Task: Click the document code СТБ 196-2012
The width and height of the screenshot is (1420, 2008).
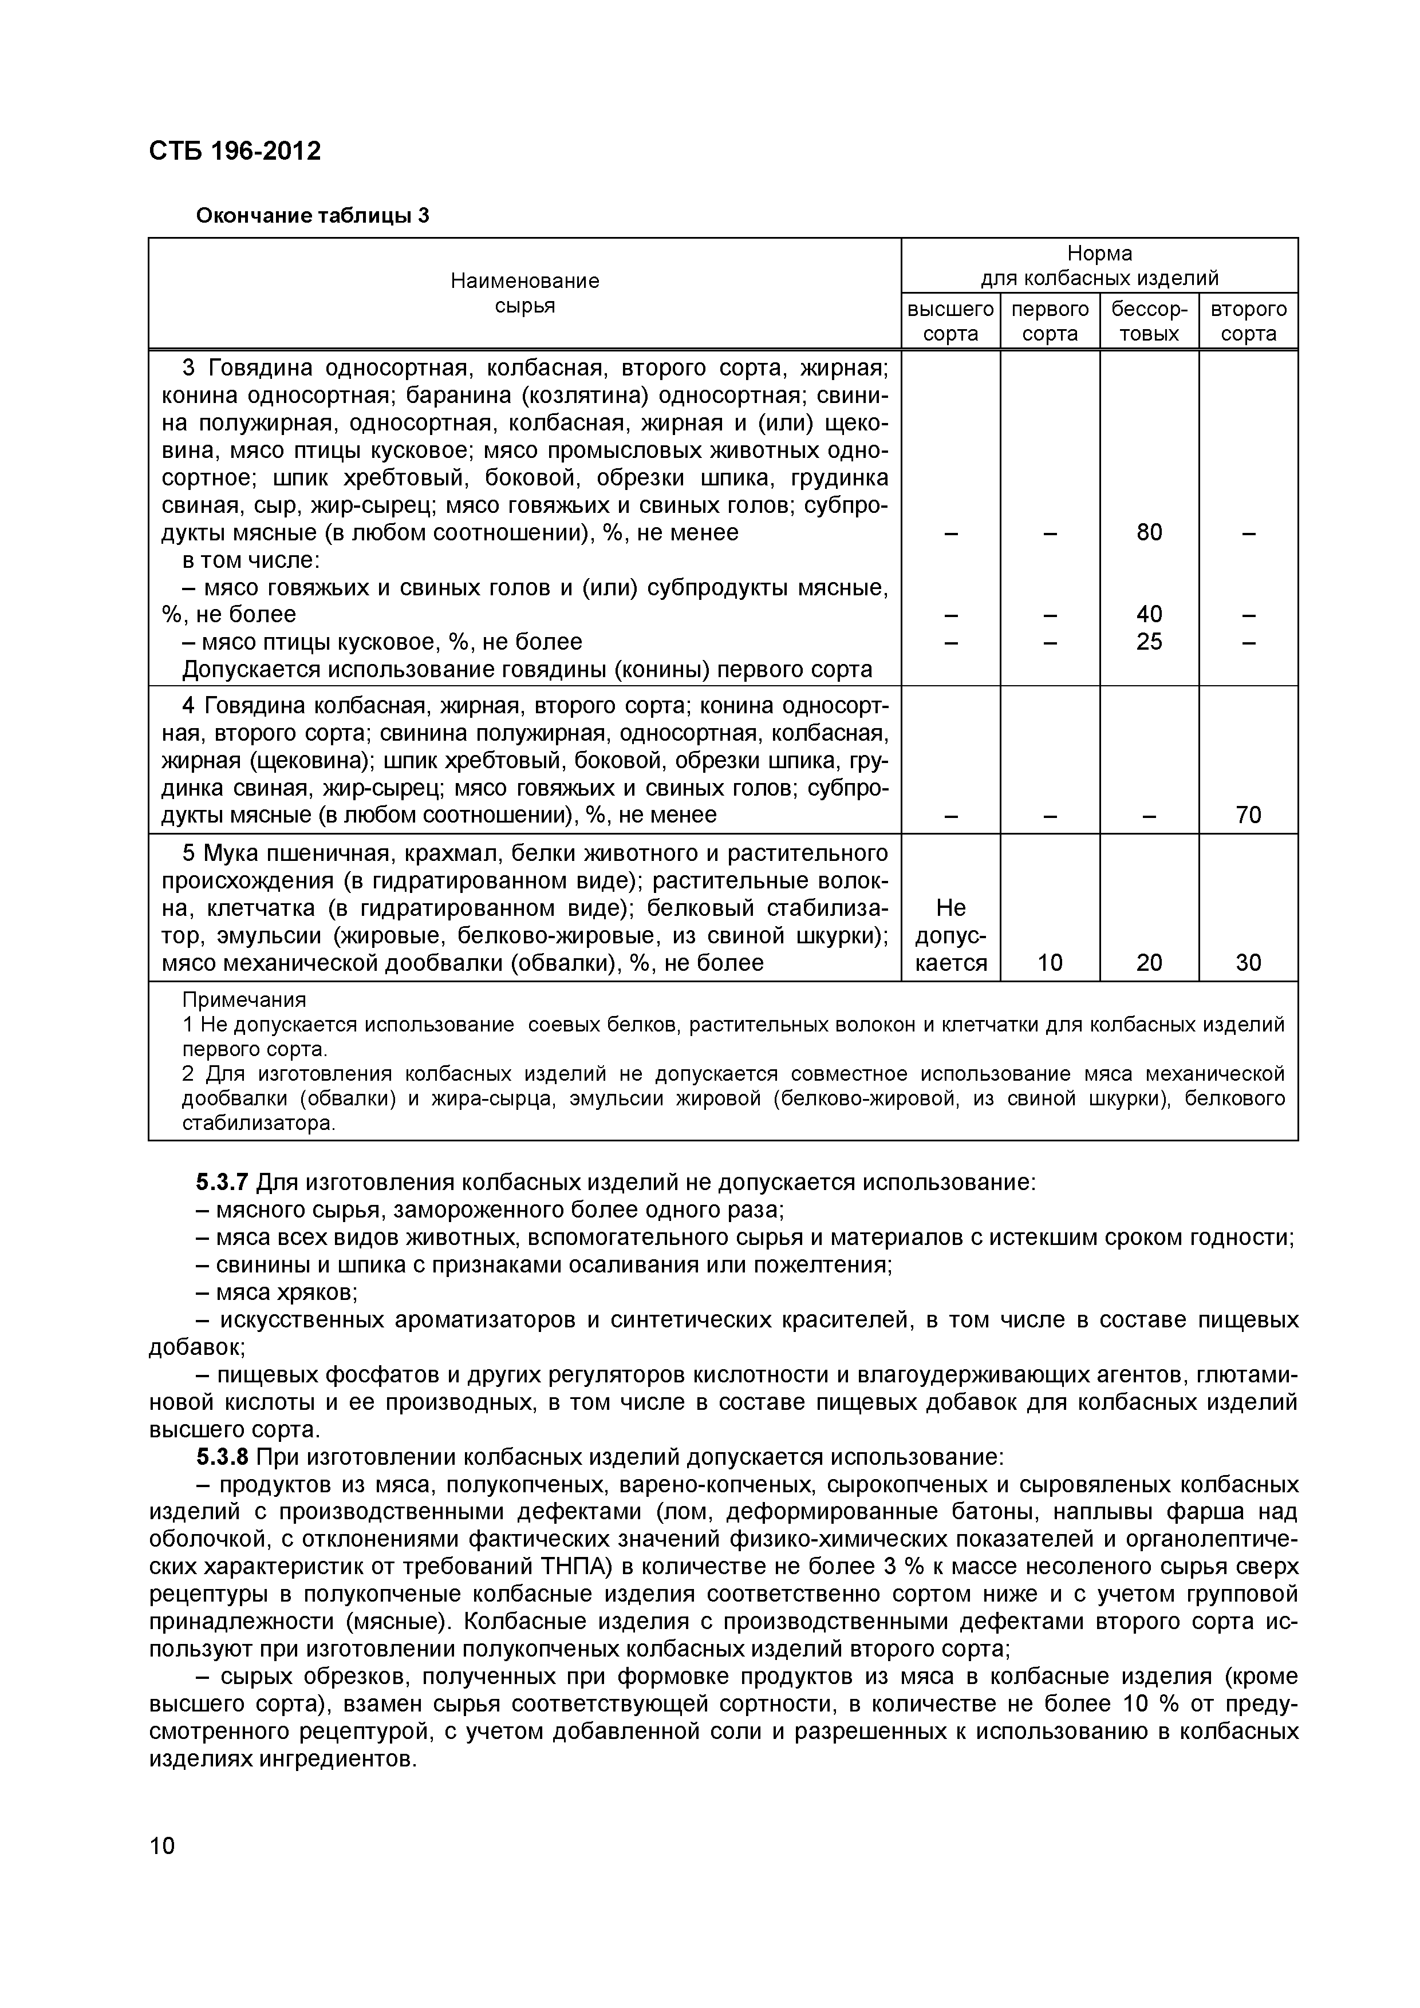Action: coord(235,151)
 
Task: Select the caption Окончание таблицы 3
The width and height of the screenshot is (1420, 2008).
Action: coord(313,215)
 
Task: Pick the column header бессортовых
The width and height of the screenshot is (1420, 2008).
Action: coord(1149,321)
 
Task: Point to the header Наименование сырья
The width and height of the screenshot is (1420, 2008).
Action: coord(525,293)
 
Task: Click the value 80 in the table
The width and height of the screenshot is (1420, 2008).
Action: coord(1149,532)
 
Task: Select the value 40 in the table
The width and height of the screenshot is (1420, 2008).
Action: coord(1149,614)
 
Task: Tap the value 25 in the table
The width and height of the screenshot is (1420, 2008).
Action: coord(1149,642)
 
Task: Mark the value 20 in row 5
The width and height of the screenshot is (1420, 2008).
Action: coord(1149,963)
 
